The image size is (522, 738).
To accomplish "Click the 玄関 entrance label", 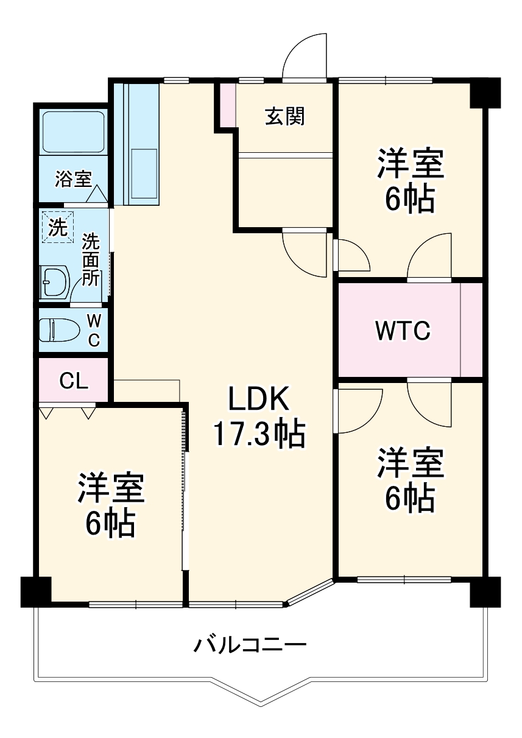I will point(284,116).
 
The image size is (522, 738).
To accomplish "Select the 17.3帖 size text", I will point(258,434).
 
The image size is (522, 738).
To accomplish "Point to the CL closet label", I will point(74,381).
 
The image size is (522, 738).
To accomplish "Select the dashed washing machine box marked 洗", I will point(58,227).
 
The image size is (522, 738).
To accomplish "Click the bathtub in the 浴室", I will point(73,132).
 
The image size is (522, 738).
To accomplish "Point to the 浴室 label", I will point(73,178).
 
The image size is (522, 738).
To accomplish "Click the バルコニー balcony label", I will point(249,644).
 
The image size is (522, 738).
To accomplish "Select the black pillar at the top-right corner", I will point(485,93).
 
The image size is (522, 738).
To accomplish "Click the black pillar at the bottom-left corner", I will point(35,591).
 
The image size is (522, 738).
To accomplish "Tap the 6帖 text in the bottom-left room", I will point(110,522).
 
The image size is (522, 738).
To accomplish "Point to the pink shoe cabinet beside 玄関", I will point(227,105).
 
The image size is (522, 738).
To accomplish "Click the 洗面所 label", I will point(91,260).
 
